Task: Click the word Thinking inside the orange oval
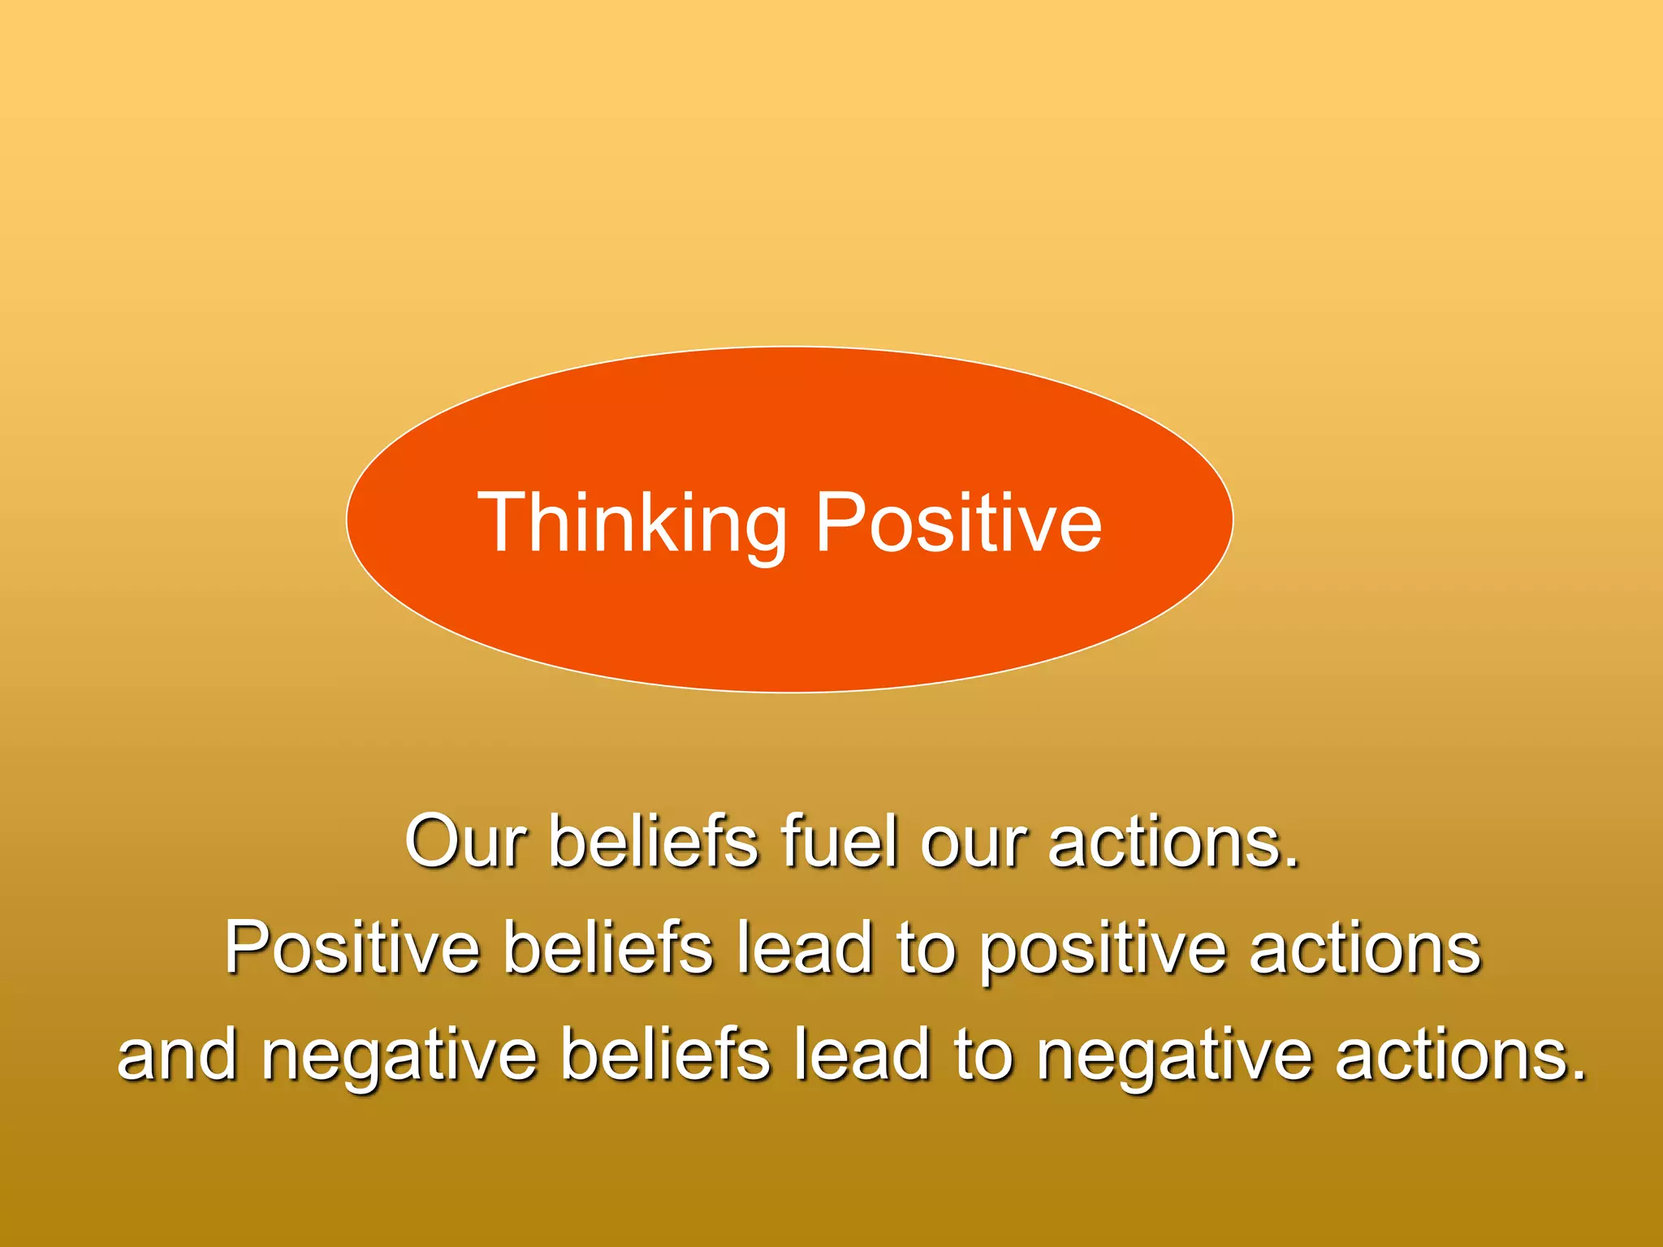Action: click(632, 524)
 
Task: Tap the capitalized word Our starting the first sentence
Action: click(465, 841)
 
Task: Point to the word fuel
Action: click(840, 841)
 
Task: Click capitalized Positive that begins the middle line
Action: click(352, 947)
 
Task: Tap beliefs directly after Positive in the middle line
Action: click(608, 947)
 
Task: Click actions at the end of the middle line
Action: click(1364, 948)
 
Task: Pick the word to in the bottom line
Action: click(983, 1055)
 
